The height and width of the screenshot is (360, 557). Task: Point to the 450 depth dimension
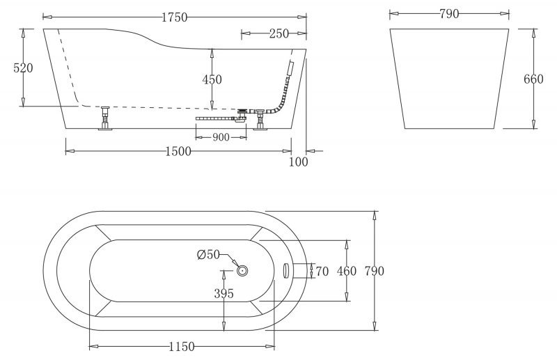[x=212, y=79]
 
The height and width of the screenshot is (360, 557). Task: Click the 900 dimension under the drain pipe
[x=221, y=137]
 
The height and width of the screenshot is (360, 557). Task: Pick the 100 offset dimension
[x=297, y=162]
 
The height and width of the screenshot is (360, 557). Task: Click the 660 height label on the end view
[x=533, y=79]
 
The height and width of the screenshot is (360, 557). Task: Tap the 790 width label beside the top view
[x=373, y=270]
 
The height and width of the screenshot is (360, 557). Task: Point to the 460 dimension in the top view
[x=346, y=270]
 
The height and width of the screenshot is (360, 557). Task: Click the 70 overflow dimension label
[x=322, y=270]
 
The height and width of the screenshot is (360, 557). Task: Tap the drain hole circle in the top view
[x=243, y=270]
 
